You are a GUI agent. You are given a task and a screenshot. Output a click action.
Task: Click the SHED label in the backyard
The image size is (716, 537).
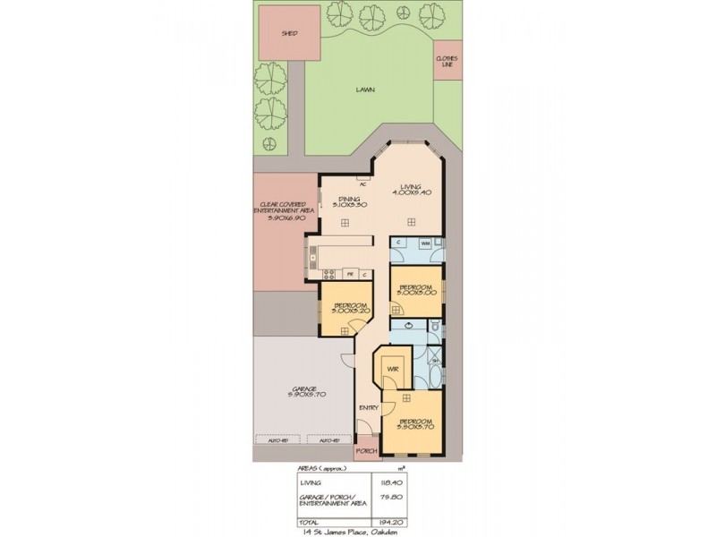(289, 33)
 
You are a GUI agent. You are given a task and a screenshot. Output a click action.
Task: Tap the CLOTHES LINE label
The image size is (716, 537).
(447, 61)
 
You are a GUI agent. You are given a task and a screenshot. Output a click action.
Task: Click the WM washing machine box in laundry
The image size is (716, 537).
(425, 243)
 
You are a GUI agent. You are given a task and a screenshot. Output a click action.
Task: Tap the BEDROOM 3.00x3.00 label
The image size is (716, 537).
(416, 290)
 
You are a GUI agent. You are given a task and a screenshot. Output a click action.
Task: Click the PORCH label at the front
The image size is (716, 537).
(367, 452)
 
